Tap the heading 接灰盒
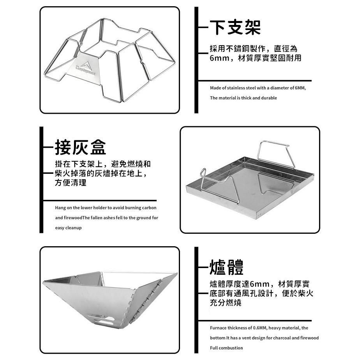[x=80, y=147]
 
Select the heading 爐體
[x=226, y=268]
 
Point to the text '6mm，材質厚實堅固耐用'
[x=255, y=58]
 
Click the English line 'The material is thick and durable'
[x=243, y=98]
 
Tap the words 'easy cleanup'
[x=68, y=228]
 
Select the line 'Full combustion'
[x=226, y=348]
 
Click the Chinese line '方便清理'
[x=71, y=183]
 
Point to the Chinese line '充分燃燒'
[x=226, y=302]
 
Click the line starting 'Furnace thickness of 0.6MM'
[x=259, y=328]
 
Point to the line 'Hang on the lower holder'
[x=106, y=208]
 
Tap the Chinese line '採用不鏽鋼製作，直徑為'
[x=253, y=49]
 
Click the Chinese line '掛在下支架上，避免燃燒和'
[x=102, y=164]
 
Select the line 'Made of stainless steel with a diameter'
[x=258, y=88]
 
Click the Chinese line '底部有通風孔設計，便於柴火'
[x=261, y=293]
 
